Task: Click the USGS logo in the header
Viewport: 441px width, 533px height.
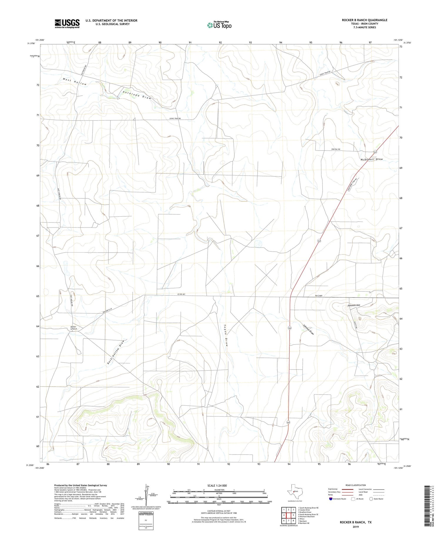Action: point(67,24)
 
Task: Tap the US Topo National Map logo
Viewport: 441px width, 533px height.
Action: point(219,25)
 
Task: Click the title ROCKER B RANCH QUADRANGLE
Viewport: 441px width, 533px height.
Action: point(365,20)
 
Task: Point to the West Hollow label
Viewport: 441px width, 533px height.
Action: point(75,82)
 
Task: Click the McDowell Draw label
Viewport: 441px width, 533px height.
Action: point(372,159)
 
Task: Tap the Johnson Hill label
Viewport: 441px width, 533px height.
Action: point(354,305)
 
